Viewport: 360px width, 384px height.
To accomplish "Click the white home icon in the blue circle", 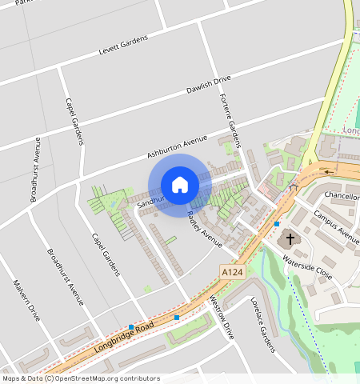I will click(x=180, y=185).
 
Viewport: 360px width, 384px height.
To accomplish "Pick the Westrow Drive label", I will click(x=220, y=316).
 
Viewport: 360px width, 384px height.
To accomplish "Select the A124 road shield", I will click(x=232, y=273).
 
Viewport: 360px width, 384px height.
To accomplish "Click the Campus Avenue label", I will click(x=336, y=226).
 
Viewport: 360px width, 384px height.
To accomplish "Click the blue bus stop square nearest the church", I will click(x=277, y=224).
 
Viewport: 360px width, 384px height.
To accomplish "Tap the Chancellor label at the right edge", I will click(x=342, y=196).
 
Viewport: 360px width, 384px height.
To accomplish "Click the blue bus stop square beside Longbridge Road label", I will click(x=131, y=326).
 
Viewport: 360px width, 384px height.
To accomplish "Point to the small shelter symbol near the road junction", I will click(x=293, y=186).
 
